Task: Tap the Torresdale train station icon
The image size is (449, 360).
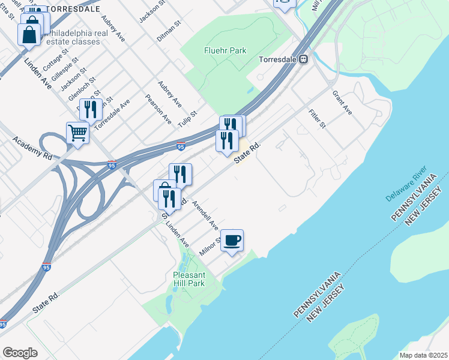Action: [304, 59]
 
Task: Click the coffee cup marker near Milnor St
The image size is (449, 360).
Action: [232, 241]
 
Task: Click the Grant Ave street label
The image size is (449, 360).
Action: [343, 103]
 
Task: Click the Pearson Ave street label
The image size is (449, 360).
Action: [158, 108]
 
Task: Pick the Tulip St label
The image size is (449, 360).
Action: [187, 118]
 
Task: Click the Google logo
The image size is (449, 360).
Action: [20, 353]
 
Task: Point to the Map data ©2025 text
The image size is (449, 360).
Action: [424, 355]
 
